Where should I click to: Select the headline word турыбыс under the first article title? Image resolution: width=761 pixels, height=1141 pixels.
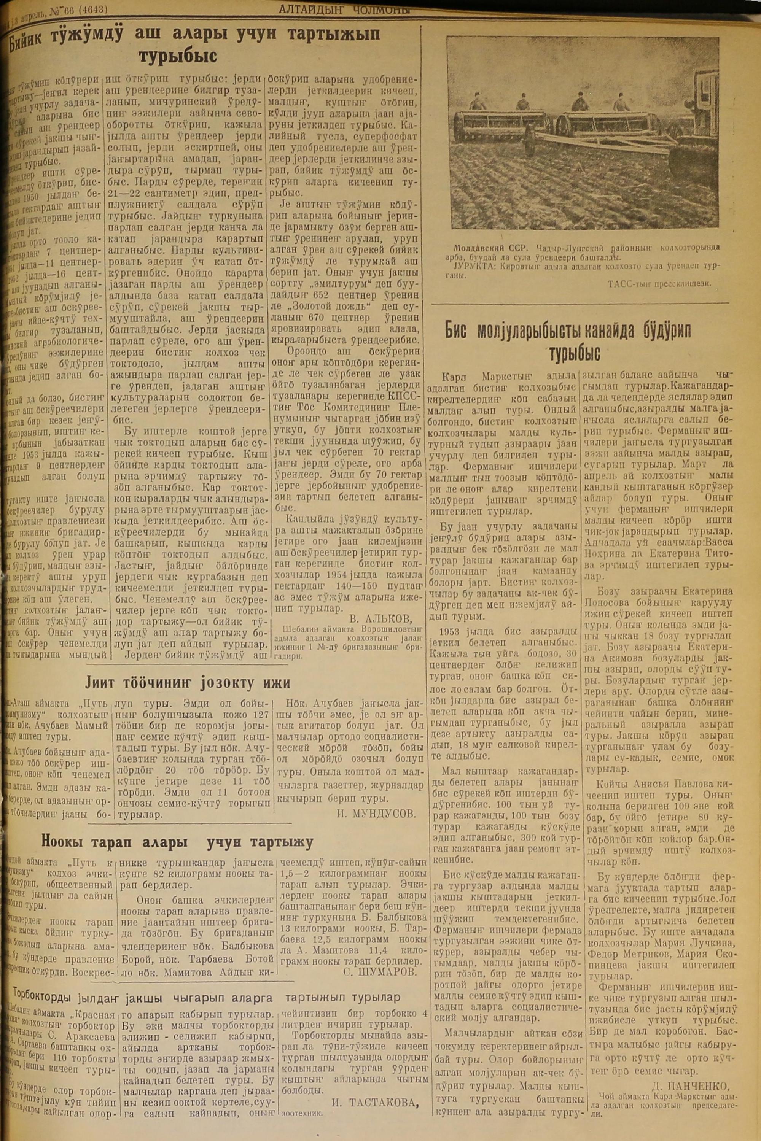point(178,56)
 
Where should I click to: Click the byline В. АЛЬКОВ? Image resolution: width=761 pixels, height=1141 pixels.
point(380,618)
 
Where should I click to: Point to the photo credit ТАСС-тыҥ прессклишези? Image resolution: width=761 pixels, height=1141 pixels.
point(659,284)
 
